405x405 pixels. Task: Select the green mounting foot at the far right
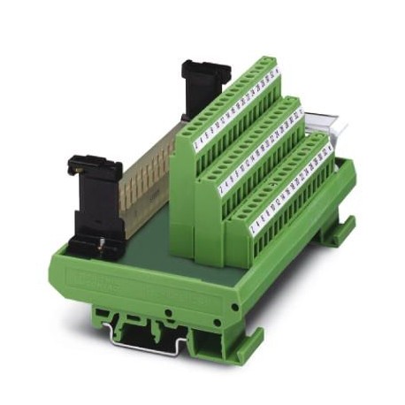coord(336,232)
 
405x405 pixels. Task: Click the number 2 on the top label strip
coord(197,139)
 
